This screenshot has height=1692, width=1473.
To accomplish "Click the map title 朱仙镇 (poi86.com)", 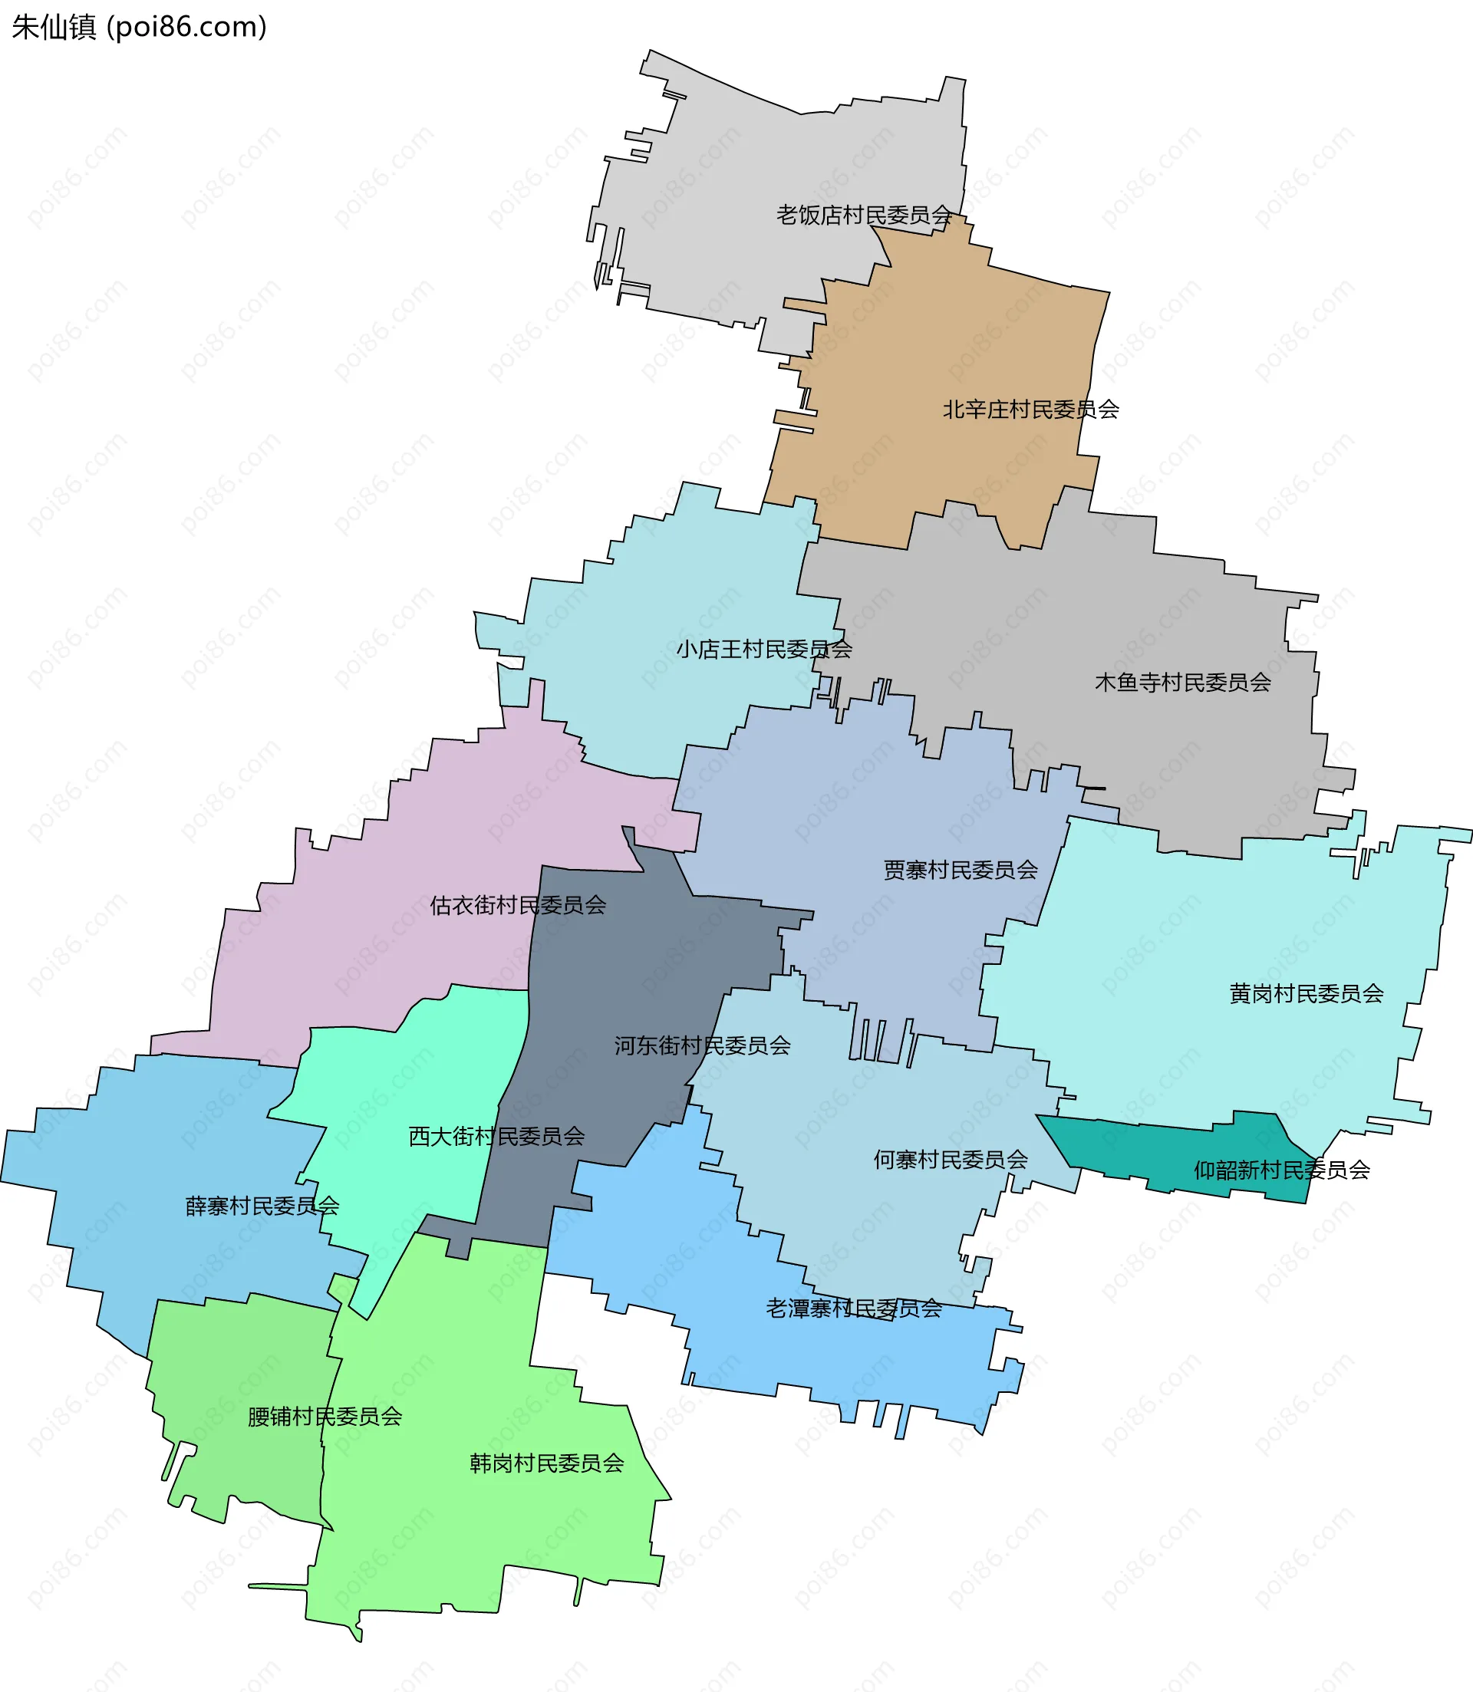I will (x=139, y=27).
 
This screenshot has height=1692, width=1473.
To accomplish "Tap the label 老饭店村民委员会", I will (x=864, y=216).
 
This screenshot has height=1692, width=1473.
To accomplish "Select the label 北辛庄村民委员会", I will (x=1031, y=410).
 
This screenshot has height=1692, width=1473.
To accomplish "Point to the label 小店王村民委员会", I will (x=763, y=649).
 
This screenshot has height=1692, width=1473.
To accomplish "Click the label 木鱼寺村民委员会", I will (x=1183, y=682).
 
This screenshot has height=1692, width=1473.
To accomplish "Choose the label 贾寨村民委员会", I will (x=960, y=870).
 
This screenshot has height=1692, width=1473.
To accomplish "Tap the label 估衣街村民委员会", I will (x=518, y=905).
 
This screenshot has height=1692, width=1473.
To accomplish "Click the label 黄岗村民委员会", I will (x=1306, y=993).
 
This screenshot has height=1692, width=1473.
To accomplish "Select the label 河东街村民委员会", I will (x=702, y=1045).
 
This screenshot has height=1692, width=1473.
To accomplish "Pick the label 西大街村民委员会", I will (x=496, y=1137).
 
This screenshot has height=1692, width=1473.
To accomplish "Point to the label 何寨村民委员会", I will (x=951, y=1160).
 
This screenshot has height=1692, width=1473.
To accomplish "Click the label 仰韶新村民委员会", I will (x=1281, y=1170).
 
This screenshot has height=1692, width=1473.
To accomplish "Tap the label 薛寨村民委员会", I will (x=262, y=1206).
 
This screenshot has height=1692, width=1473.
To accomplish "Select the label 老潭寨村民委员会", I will (x=853, y=1309).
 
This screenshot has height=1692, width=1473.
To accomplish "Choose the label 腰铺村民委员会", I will (x=325, y=1416).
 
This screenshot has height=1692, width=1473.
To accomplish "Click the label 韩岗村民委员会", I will (x=546, y=1463).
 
